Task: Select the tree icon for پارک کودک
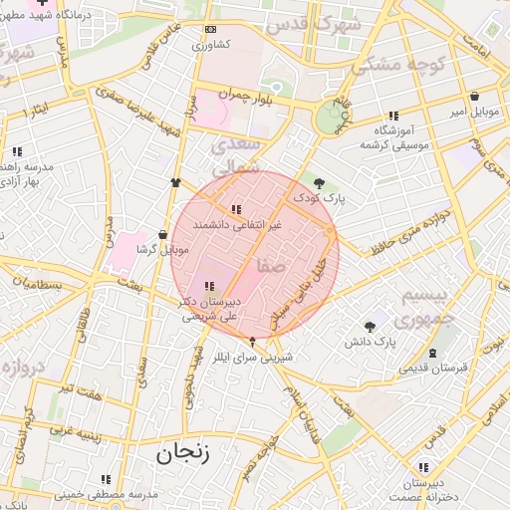319,182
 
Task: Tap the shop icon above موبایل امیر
474,98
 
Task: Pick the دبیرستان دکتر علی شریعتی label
209,306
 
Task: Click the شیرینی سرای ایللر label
252,355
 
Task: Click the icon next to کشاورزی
209,31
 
